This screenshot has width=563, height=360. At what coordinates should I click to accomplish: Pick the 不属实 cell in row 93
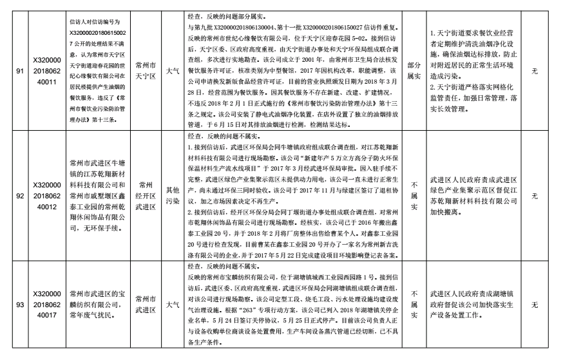click(413, 304)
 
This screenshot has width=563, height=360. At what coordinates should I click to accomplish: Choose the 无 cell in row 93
click(534, 304)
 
